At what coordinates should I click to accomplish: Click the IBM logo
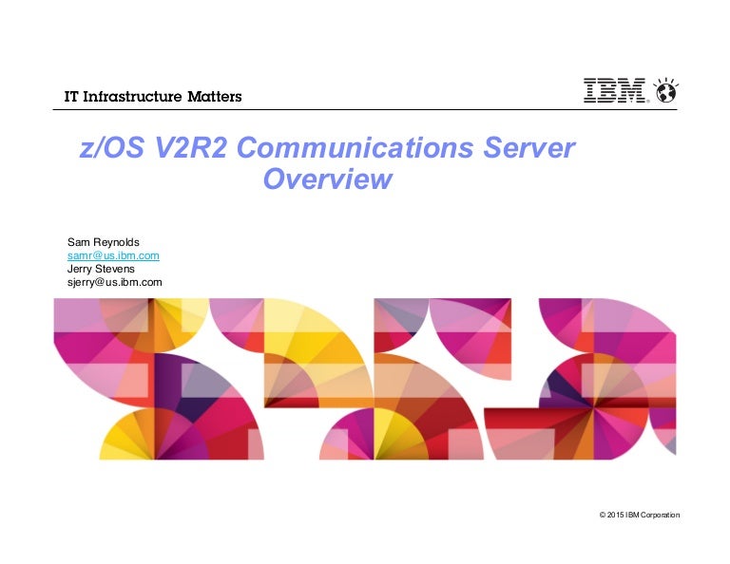pyautogui.click(x=616, y=91)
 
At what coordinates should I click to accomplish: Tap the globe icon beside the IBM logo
pyautogui.click(x=664, y=91)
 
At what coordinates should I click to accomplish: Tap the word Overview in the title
pyautogui.click(x=327, y=179)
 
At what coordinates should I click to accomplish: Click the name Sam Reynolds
pyautogui.click(x=102, y=241)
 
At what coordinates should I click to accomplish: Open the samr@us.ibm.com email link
pyautogui.click(x=112, y=255)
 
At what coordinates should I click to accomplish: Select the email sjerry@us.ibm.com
pyautogui.click(x=114, y=282)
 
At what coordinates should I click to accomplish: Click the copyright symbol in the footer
pyautogui.click(x=603, y=515)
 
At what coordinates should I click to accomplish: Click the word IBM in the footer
pyautogui.click(x=634, y=515)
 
